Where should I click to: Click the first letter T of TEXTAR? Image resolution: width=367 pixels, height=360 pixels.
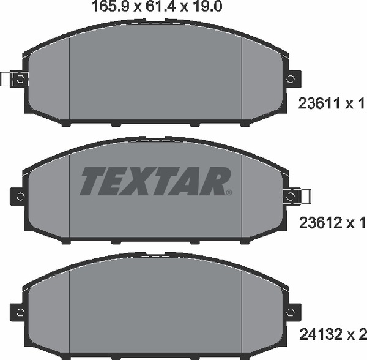(94, 181)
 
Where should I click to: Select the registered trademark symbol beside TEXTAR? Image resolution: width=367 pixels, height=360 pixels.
(229, 193)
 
